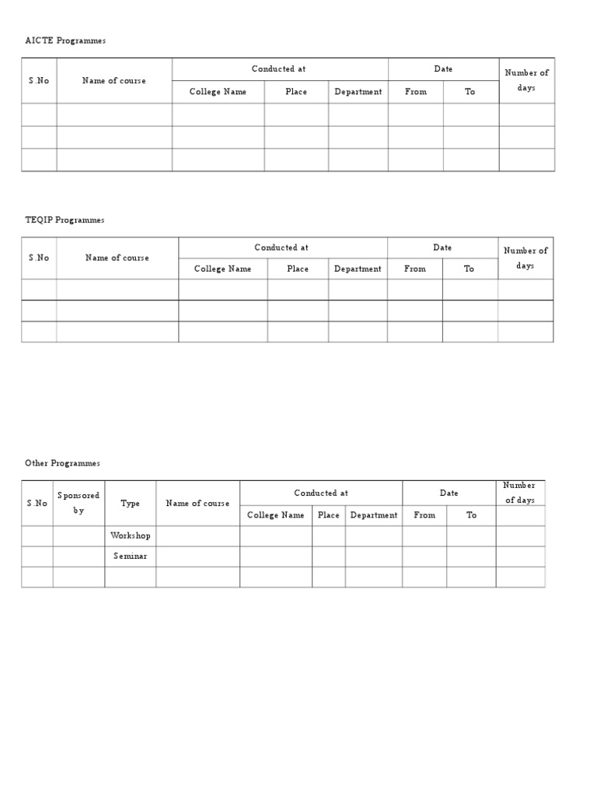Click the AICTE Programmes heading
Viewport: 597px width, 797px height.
[65, 40]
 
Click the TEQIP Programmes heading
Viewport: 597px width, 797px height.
[65, 220]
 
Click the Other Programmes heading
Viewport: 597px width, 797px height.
[62, 463]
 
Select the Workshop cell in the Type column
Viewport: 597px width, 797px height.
[131, 535]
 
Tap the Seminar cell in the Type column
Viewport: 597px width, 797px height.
[131, 556]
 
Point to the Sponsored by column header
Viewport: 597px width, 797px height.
[79, 503]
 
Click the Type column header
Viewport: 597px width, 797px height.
[131, 504]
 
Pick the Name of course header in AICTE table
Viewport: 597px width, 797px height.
[114, 81]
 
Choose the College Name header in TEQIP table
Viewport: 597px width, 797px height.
[223, 269]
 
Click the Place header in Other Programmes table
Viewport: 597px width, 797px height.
[329, 515]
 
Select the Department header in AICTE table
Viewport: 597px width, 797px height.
[358, 92]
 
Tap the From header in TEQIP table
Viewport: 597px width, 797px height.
[415, 269]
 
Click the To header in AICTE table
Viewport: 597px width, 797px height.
[470, 92]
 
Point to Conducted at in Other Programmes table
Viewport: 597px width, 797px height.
[321, 493]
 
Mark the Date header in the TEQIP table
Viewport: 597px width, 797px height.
[442, 248]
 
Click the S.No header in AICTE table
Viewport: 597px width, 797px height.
[39, 81]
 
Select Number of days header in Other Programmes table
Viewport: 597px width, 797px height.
[520, 493]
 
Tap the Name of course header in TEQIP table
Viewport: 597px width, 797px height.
[117, 258]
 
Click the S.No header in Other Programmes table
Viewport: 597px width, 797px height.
[37, 504]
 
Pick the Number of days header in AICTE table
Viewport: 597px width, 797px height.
[526, 80]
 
